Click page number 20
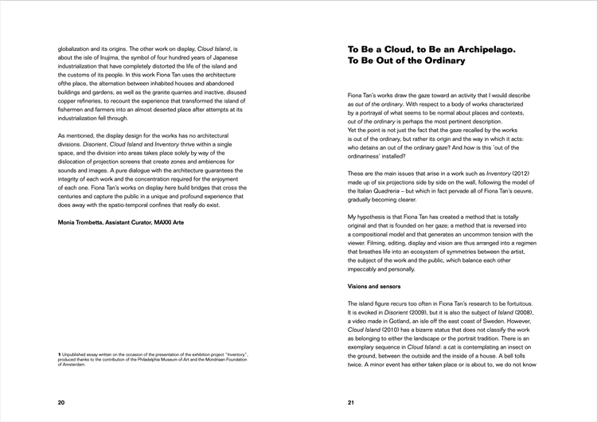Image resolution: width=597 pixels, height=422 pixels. point(61,403)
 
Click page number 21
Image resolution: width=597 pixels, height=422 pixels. point(351,403)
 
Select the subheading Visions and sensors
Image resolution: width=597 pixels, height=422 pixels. point(378,285)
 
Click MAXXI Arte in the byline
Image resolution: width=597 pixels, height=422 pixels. point(168,222)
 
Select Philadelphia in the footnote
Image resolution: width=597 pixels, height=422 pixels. point(141,359)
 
